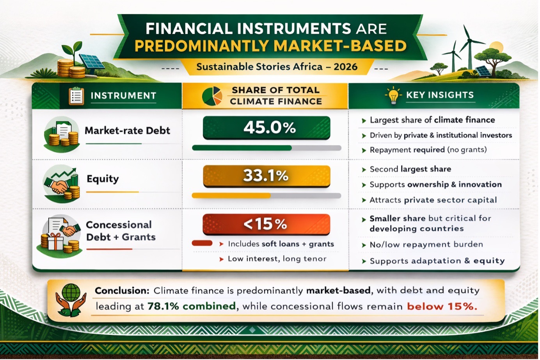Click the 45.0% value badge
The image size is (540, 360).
click(266, 128)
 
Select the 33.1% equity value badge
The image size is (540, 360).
click(266, 176)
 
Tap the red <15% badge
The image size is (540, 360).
click(266, 225)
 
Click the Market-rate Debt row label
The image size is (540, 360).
click(127, 130)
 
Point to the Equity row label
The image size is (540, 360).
click(103, 179)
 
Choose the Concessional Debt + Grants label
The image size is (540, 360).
click(121, 231)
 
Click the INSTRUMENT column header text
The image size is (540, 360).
click(123, 96)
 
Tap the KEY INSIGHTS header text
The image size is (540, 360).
click(440, 95)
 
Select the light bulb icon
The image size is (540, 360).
click(393, 95)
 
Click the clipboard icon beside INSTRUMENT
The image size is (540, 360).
click(76, 96)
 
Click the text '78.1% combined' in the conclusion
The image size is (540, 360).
click(192, 306)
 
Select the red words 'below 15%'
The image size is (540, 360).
click(442, 306)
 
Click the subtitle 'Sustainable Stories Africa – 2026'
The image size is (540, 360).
click(277, 67)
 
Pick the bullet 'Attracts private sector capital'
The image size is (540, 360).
click(433, 200)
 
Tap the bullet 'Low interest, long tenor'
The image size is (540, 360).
click(277, 259)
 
